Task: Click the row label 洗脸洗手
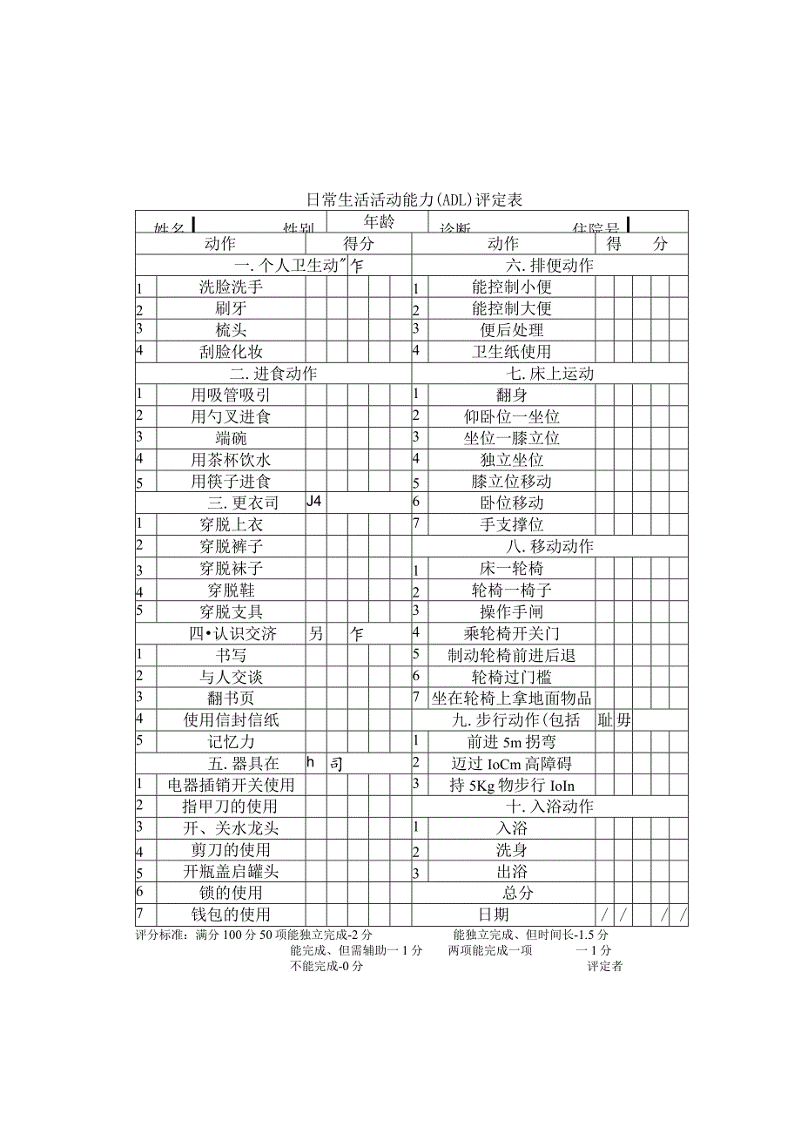[231, 287]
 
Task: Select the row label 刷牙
[231, 308]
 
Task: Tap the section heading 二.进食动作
[273, 374]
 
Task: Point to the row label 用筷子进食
[231, 482]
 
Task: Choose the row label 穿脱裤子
[231, 546]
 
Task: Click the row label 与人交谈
[231, 677]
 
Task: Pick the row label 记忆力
[231, 742]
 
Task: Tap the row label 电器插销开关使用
[231, 785]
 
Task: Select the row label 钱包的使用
[231, 915]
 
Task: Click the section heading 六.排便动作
[549, 266]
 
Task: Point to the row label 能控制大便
[511, 308]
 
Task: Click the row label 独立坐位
[511, 460]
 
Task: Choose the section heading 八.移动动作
[549, 546]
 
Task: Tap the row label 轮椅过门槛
[511, 677]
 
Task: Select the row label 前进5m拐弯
[511, 742]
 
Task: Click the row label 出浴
[511, 872]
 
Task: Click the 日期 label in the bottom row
[494, 915]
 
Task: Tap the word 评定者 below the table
[604, 966]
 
